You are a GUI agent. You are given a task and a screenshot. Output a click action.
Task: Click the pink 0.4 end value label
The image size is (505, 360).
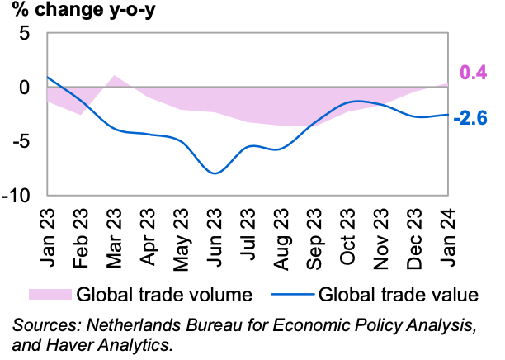tap(472, 73)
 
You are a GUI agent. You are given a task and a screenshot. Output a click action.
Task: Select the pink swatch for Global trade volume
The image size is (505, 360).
tap(50, 293)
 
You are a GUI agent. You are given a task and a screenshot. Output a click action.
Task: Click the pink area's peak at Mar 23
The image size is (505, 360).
tap(115, 77)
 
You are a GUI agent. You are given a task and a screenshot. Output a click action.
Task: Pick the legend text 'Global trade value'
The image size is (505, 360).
tap(398, 293)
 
